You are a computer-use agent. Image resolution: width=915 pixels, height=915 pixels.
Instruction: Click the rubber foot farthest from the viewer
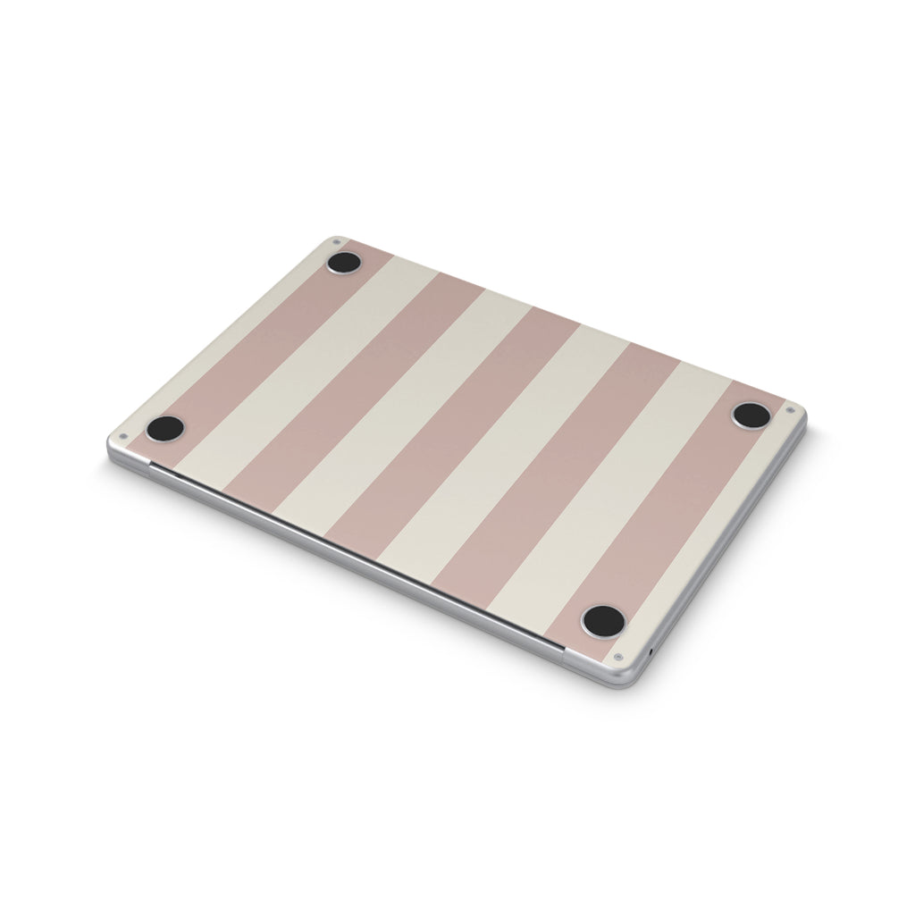(344, 263)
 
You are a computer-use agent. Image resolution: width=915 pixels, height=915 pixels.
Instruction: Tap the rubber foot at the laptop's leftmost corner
(165, 428)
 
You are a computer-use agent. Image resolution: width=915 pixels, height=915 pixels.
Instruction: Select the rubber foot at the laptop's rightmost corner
(751, 416)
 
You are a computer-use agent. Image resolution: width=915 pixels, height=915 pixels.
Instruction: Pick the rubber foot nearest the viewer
(602, 620)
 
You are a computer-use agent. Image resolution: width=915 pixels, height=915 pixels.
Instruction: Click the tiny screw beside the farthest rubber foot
(336, 241)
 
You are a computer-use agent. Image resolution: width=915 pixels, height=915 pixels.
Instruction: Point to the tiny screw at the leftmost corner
(122, 438)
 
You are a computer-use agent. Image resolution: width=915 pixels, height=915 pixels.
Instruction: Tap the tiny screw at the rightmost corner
(790, 411)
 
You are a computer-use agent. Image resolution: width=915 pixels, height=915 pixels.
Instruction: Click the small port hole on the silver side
(650, 650)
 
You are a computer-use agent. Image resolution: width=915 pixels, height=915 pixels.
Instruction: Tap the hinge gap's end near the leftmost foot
(152, 466)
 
